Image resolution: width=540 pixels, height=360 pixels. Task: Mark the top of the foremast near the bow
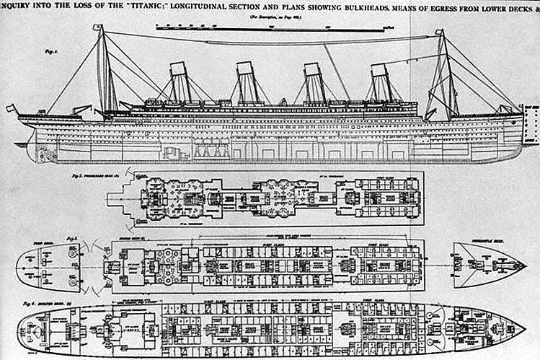tap(441, 33)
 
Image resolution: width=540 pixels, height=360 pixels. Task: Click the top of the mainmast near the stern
tap(101, 29)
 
